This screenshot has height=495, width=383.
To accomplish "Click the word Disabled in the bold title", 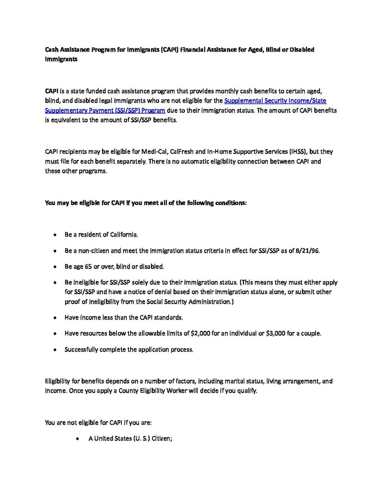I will (301, 50).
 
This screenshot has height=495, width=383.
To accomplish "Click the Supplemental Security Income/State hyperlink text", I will (275, 101).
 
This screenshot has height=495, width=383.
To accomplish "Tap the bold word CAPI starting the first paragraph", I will (52, 91).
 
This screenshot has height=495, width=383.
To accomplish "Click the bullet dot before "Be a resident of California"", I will (55, 235).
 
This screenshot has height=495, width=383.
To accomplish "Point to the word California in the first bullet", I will (124, 235).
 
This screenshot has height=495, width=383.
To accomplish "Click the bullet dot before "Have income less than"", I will (55, 318).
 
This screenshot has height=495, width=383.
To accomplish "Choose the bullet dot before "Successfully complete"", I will (55, 350).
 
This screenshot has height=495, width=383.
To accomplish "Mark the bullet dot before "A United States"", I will (78, 438).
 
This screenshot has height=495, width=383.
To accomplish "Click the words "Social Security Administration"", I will (191, 302).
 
